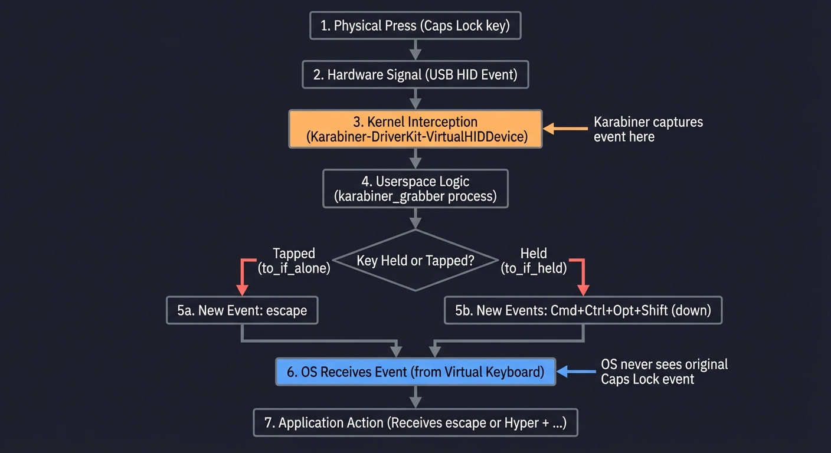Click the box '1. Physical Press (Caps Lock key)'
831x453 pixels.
415,26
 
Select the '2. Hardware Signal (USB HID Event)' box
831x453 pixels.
415,75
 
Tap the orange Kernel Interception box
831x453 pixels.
415,129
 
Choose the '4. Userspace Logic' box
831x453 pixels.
415,189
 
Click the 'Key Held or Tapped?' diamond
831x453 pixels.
415,260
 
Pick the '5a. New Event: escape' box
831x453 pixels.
242,310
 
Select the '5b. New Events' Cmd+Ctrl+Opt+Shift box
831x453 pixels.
583,310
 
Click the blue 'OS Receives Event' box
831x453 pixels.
415,372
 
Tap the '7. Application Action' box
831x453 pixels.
415,423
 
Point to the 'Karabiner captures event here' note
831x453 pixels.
648,129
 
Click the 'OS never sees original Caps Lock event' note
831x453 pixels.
664,372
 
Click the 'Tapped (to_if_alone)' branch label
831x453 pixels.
294,260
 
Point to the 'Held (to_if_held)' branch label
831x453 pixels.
534,260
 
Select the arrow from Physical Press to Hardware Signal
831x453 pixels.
415,50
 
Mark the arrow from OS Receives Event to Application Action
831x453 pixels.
415,397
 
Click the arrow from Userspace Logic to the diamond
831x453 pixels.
415,218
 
